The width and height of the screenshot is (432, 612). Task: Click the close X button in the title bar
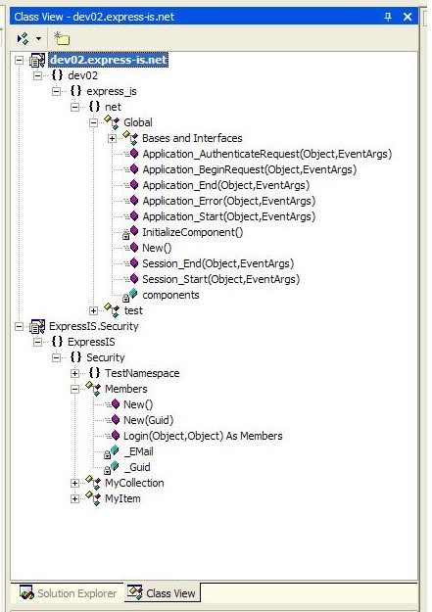[408, 17]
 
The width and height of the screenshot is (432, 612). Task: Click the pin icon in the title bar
[388, 17]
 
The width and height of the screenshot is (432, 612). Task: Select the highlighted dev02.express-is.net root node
[109, 60]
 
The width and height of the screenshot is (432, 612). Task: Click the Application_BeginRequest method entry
[250, 169]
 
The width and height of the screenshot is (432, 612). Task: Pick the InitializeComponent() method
[193, 232]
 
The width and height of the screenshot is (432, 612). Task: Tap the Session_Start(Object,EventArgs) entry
[221, 279]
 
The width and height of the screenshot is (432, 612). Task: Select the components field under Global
[170, 295]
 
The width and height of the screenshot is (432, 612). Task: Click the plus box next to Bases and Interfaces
[112, 139]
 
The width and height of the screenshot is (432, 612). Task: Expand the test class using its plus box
[93, 311]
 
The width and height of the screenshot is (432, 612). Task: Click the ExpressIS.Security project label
[94, 326]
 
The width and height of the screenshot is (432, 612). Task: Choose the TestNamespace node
[142, 373]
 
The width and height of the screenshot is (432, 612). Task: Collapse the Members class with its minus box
[74, 389]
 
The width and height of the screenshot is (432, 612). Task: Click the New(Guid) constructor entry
[149, 420]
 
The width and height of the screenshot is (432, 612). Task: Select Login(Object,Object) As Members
[203, 436]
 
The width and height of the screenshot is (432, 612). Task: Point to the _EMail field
[139, 451]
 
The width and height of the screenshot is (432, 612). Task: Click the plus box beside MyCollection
[74, 483]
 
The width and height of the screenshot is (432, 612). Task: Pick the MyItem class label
[122, 498]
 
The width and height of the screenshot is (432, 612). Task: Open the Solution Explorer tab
[69, 593]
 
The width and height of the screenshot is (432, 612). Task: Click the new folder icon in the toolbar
[62, 38]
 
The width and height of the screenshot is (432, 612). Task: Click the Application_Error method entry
[229, 201]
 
